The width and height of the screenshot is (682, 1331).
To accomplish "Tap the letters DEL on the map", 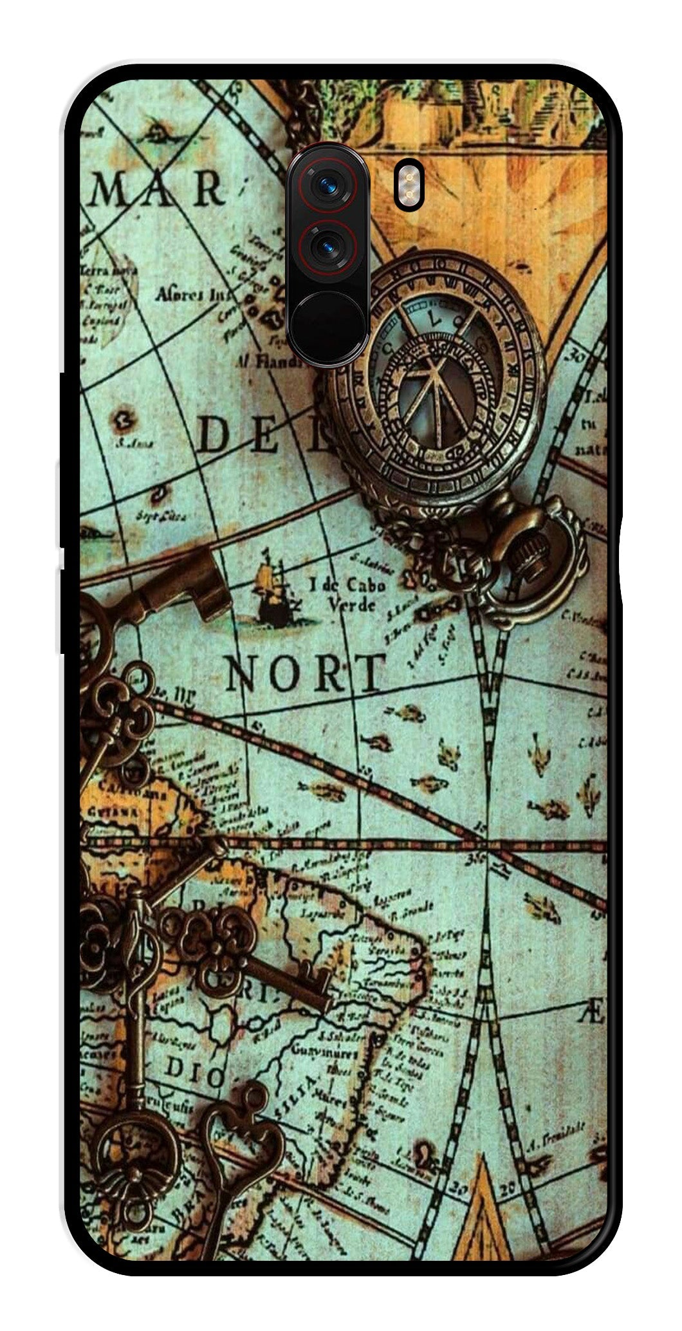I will click(x=264, y=435).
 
